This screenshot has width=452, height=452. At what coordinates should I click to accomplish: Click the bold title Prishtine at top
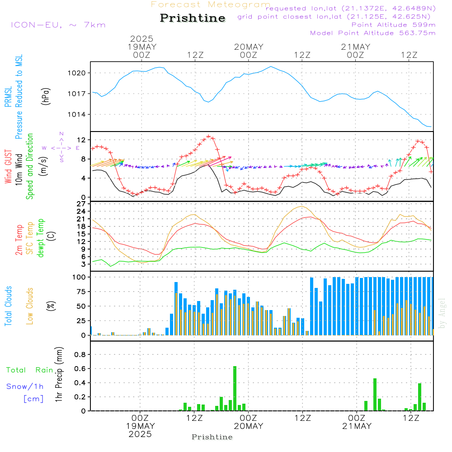[193, 18]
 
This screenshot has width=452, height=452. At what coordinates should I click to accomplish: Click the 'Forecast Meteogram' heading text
[211, 5]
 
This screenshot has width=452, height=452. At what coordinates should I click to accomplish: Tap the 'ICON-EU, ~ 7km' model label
[58, 24]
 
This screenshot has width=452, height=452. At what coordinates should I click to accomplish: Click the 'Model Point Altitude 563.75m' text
[373, 33]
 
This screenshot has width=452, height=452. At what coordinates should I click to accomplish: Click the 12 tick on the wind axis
[82, 139]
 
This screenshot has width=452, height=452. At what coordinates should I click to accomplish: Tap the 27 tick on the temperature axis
[82, 204]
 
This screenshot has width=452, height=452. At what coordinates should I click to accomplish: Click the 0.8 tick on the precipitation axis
[80, 355]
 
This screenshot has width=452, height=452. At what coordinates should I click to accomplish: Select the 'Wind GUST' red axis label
[9, 168]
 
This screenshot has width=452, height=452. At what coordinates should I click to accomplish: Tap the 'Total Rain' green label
[29, 370]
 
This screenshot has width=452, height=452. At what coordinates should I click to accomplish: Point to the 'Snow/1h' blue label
[25, 386]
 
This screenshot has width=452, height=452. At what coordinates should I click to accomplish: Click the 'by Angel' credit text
[443, 313]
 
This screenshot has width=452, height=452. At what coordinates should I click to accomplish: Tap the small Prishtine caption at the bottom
[212, 437]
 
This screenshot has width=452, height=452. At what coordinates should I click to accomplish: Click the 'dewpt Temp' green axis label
[41, 238]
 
